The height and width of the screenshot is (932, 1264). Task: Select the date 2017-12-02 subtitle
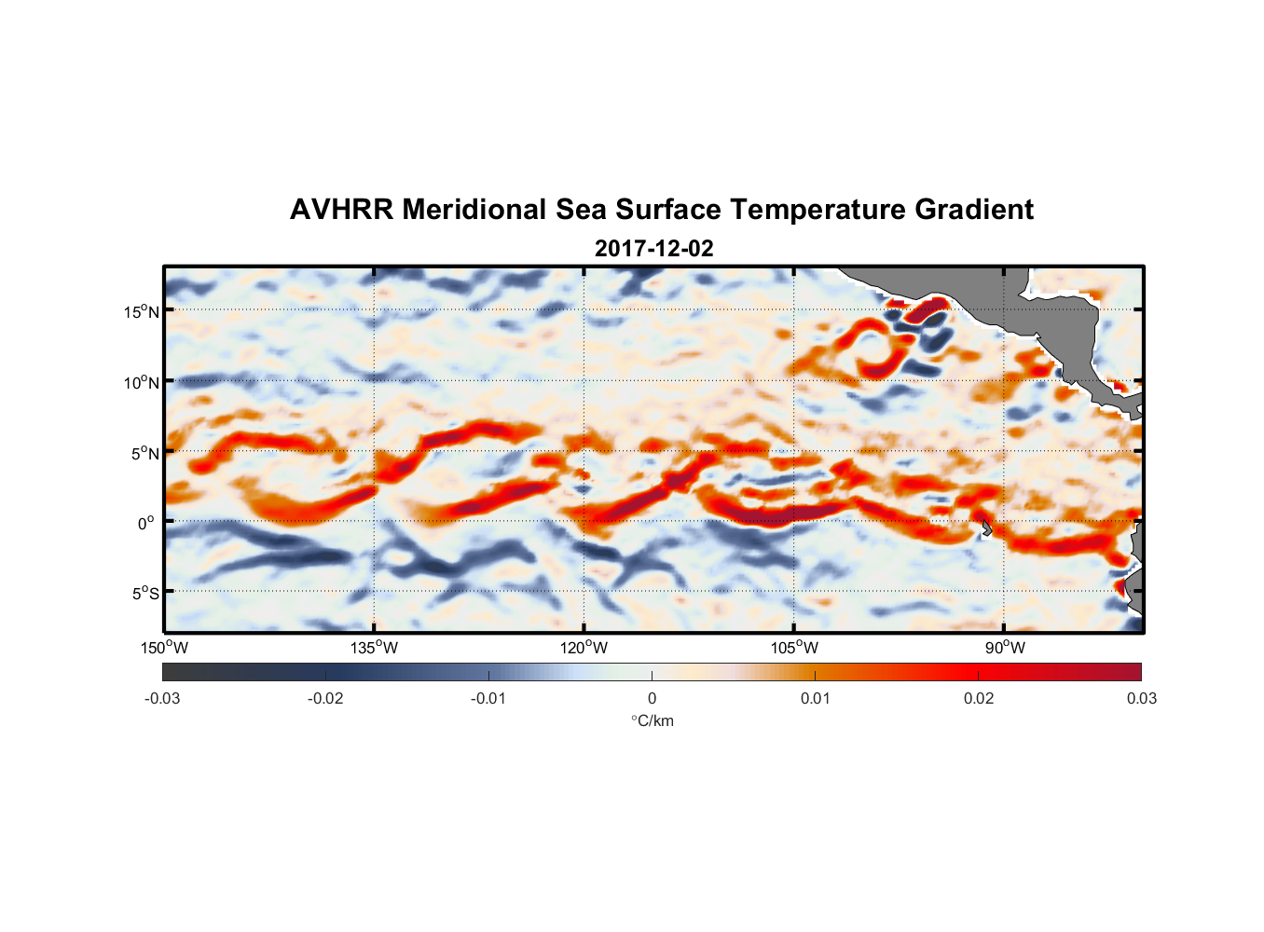tap(653, 249)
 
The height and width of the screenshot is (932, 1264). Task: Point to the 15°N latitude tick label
tap(141, 311)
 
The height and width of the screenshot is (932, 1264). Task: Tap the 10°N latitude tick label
tap(141, 382)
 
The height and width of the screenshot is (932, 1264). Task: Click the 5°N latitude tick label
tap(144, 453)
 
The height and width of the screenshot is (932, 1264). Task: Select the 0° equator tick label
tap(147, 523)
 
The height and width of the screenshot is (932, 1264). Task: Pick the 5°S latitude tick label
tap(144, 593)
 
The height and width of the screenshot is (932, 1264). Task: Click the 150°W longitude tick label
tap(164, 648)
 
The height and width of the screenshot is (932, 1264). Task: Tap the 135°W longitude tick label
tap(374, 648)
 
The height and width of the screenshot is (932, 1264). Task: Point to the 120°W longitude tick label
tap(584, 648)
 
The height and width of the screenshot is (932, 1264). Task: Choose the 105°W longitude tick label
tap(794, 648)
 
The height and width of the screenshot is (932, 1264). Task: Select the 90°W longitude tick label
tap(1005, 648)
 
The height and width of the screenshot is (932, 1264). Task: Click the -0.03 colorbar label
tap(162, 699)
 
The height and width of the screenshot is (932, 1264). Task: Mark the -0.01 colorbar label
tap(488, 699)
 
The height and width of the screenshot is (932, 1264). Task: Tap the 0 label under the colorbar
tap(652, 699)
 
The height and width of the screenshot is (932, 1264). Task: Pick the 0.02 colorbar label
tap(979, 699)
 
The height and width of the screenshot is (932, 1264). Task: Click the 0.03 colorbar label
tap(1141, 699)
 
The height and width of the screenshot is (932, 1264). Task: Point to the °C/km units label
tap(652, 720)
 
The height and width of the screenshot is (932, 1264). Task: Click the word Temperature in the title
tap(817, 210)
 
